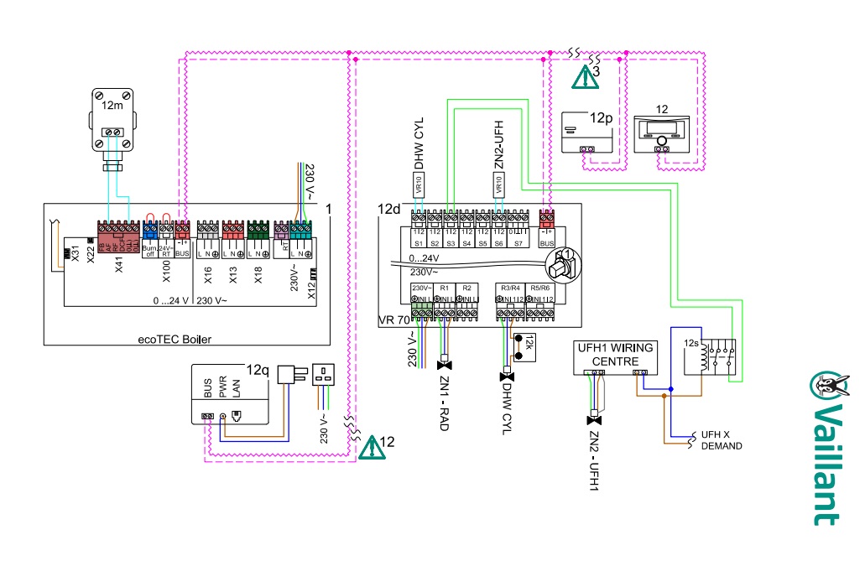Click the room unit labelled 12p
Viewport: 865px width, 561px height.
pyautogui.click(x=589, y=131)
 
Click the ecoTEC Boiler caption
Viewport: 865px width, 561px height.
pyautogui.click(x=175, y=339)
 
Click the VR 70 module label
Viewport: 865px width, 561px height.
pyautogui.click(x=393, y=320)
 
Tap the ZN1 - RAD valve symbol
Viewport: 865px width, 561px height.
pyautogui.click(x=446, y=364)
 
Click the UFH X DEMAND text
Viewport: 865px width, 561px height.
pyautogui.click(x=721, y=441)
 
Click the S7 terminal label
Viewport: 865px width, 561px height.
pyautogui.click(x=518, y=242)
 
